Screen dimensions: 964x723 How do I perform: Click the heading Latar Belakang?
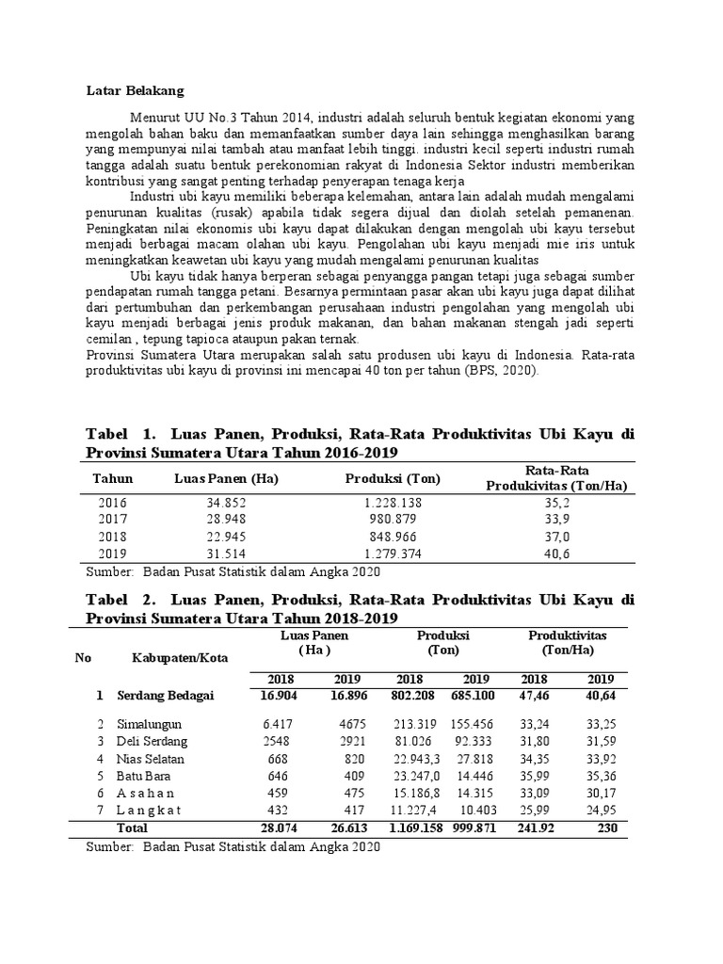tap(136, 90)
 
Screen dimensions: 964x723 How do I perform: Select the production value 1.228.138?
tap(393, 503)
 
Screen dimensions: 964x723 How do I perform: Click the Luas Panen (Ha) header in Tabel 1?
tap(226, 478)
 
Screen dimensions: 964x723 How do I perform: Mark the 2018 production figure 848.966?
tap(393, 537)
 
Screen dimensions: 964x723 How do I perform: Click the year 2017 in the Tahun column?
tap(112, 520)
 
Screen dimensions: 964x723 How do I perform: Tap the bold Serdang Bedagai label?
tap(165, 696)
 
